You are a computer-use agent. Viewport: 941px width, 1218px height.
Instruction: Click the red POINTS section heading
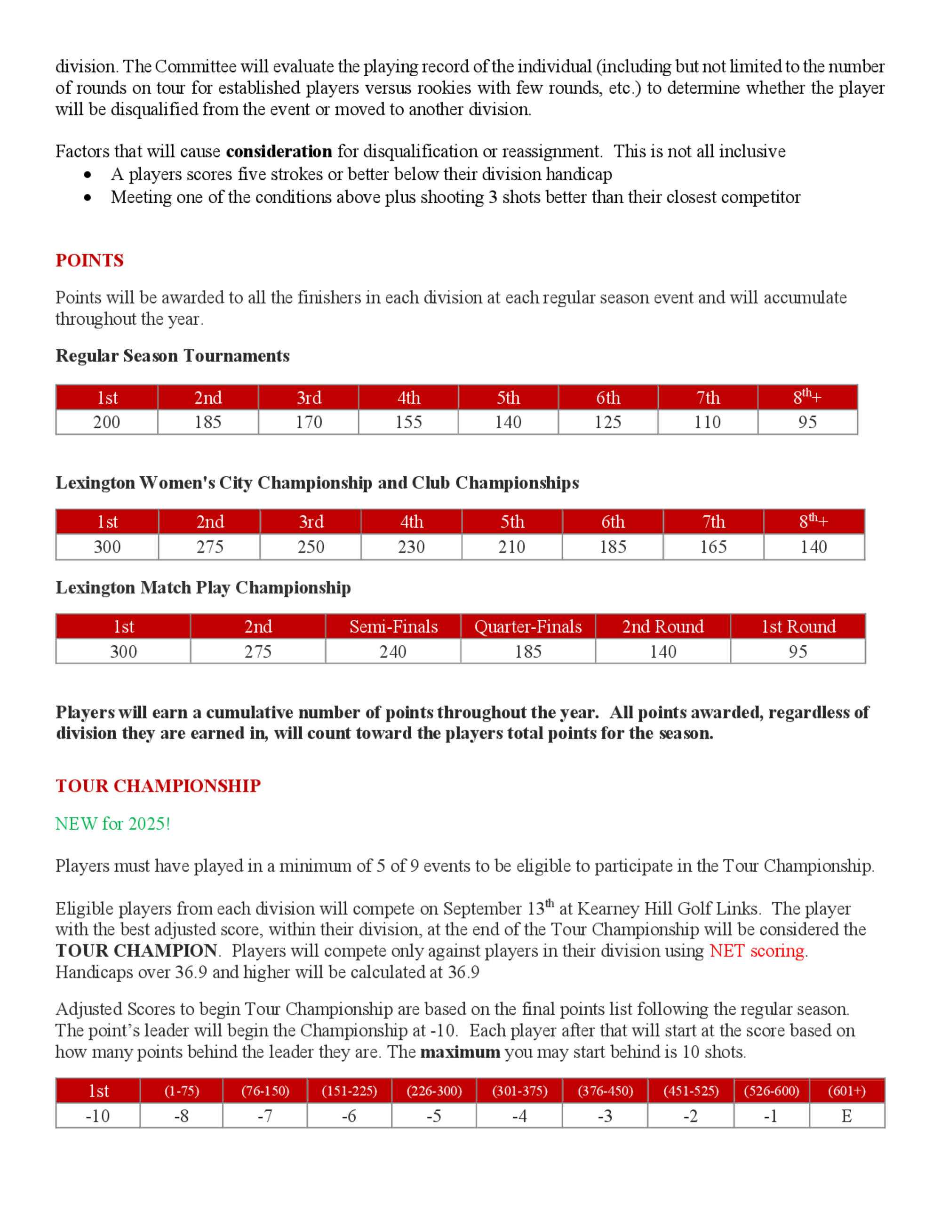click(x=89, y=260)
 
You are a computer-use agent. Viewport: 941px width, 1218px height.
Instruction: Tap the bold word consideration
click(x=279, y=152)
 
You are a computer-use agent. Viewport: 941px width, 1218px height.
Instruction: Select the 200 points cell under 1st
click(x=106, y=422)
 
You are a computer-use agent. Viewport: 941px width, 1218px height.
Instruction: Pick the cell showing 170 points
click(x=308, y=422)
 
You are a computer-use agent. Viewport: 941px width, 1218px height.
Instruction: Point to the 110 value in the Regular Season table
click(x=708, y=422)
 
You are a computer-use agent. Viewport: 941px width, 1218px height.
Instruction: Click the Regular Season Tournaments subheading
click(x=172, y=356)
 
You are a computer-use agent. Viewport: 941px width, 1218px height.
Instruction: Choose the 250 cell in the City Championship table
click(x=311, y=547)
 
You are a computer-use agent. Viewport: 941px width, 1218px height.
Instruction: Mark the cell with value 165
click(x=713, y=547)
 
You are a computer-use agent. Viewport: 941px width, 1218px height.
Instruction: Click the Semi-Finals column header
click(x=393, y=627)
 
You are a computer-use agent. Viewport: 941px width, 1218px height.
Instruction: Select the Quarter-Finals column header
click(x=528, y=627)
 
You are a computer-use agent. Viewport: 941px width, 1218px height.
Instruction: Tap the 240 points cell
click(x=393, y=652)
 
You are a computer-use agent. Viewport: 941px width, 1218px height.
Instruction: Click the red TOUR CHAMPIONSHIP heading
click(x=158, y=786)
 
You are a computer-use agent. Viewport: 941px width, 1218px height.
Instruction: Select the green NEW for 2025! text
click(x=112, y=824)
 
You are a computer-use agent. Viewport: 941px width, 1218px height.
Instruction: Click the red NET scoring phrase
click(x=757, y=951)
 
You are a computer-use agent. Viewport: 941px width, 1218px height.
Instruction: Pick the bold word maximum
click(x=460, y=1052)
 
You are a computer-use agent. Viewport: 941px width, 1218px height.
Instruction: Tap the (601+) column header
click(x=847, y=1091)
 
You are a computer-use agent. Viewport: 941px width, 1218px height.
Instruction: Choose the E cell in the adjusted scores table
click(x=847, y=1116)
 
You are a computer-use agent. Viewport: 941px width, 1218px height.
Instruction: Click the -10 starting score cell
click(x=97, y=1116)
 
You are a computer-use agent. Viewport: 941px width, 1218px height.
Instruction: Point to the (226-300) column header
click(x=434, y=1091)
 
